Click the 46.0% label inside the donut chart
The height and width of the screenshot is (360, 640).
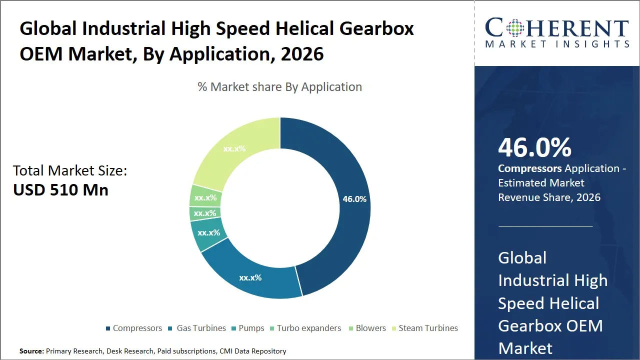pyautogui.click(x=354, y=199)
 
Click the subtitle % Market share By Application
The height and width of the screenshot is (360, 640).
pyautogui.click(x=279, y=87)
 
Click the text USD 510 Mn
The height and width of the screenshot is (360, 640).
pyautogui.click(x=60, y=190)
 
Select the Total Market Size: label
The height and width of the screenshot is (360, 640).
pyautogui.click(x=70, y=171)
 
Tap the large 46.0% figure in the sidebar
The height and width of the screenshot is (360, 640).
pyautogui.click(x=534, y=148)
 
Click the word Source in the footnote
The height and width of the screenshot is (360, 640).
pyautogui.click(x=31, y=351)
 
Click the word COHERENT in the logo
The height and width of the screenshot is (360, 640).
pyautogui.click(x=557, y=28)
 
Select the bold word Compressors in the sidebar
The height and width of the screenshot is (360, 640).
pyautogui.click(x=530, y=168)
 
